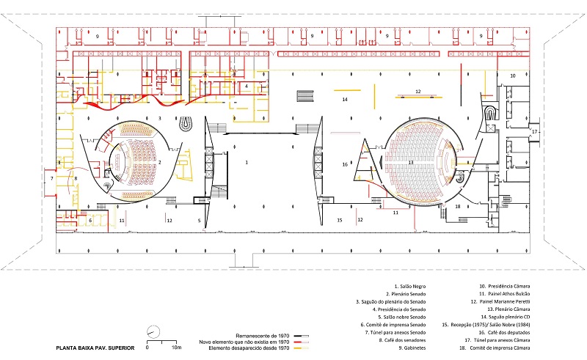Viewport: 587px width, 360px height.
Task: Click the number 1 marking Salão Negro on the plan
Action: tap(247, 161)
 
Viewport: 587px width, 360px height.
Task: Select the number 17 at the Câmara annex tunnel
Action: tap(535, 132)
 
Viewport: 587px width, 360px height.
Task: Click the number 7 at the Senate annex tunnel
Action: tap(51, 178)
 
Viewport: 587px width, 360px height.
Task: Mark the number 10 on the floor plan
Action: tap(513, 76)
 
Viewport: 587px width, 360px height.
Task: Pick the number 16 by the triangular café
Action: tap(344, 165)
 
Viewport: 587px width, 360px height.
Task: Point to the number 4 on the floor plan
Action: tap(247, 86)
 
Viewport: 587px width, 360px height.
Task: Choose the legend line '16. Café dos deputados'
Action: tap(506, 331)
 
